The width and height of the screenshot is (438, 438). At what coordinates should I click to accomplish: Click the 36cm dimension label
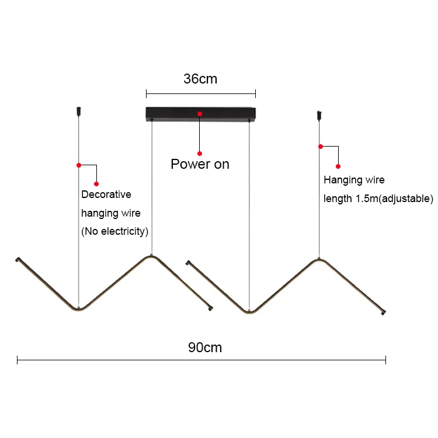pyautogui.click(x=200, y=79)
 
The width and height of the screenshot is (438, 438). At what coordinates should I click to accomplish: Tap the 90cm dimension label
pyautogui.click(x=205, y=347)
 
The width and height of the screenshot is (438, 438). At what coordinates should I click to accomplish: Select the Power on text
pyautogui.click(x=200, y=164)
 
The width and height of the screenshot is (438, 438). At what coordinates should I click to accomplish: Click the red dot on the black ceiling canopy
pyautogui.click(x=200, y=113)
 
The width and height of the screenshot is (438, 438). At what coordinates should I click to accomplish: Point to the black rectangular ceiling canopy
pyautogui.click(x=175, y=113)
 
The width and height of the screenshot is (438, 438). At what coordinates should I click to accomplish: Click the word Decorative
pyautogui.click(x=106, y=194)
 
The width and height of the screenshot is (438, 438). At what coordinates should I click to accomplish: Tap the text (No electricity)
pyautogui.click(x=114, y=231)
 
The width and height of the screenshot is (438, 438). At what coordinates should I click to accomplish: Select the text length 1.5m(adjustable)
pyautogui.click(x=378, y=199)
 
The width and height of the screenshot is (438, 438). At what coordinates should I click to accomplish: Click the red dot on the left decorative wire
pyautogui.click(x=79, y=165)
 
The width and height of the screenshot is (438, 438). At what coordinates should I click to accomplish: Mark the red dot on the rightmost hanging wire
pyautogui.click(x=320, y=146)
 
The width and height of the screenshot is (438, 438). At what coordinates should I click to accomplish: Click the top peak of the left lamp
pyautogui.click(x=151, y=257)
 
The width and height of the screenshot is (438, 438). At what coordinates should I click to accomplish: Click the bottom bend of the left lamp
pyautogui.click(x=78, y=308)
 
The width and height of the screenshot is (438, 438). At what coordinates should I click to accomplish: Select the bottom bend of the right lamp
pyautogui.click(x=249, y=311)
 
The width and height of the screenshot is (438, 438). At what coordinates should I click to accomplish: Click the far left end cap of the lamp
pyautogui.click(x=18, y=258)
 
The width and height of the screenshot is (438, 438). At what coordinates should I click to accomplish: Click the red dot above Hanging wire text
pyautogui.click(x=338, y=166)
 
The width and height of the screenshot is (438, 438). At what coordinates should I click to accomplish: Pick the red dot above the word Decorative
pyautogui.click(x=96, y=184)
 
